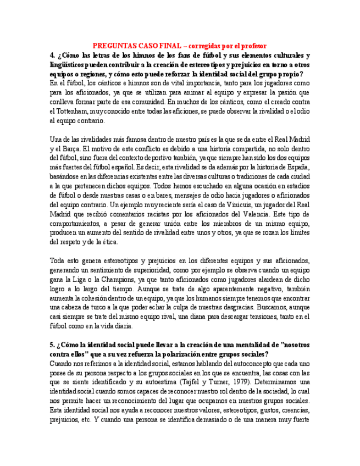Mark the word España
click(297, 167)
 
